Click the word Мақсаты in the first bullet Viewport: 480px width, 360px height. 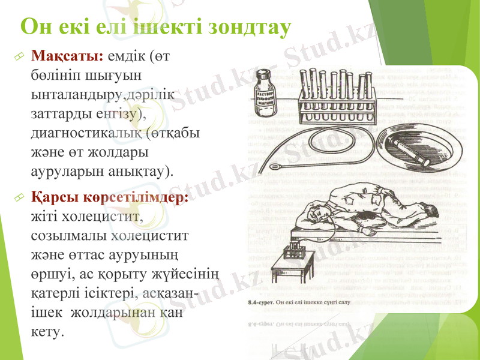tap(67, 57)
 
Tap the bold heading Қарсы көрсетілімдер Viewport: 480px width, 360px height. tap(110, 197)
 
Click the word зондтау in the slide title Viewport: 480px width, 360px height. tap(248, 26)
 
